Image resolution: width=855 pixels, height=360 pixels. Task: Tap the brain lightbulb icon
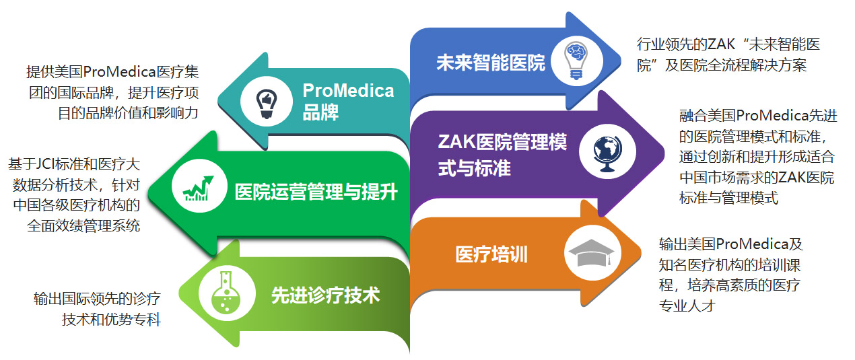pyautogui.click(x=576, y=61)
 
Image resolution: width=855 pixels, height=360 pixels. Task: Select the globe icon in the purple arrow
pyautogui.click(x=608, y=153)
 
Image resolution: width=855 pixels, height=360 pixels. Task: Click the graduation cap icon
pyautogui.click(x=592, y=253)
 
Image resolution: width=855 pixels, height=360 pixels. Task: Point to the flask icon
pyautogui.click(x=226, y=293)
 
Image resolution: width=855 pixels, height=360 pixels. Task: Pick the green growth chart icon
pyautogui.click(x=199, y=188)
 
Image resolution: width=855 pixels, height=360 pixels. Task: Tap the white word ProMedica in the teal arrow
pyautogui.click(x=348, y=91)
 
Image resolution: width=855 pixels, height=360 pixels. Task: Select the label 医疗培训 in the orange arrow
pyautogui.click(x=491, y=254)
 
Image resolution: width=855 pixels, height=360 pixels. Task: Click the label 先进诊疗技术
pyautogui.click(x=326, y=295)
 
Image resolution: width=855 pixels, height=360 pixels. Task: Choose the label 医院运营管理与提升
pyautogui.click(x=316, y=192)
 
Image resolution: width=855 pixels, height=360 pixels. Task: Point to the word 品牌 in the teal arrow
pyautogui.click(x=320, y=112)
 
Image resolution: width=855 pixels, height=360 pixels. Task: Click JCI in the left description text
pyautogui.click(x=45, y=164)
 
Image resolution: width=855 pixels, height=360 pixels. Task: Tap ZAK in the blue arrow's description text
pyautogui.click(x=721, y=44)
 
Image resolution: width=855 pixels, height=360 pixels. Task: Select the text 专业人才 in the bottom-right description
pyautogui.click(x=687, y=306)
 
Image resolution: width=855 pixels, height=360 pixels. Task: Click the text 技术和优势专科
pyautogui.click(x=112, y=320)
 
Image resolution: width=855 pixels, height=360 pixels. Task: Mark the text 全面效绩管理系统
pyautogui.click(x=83, y=226)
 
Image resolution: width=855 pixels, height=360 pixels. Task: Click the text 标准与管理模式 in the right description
pyautogui.click(x=728, y=198)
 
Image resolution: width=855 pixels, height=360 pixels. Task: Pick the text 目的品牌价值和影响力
pyautogui.click(x=128, y=113)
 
